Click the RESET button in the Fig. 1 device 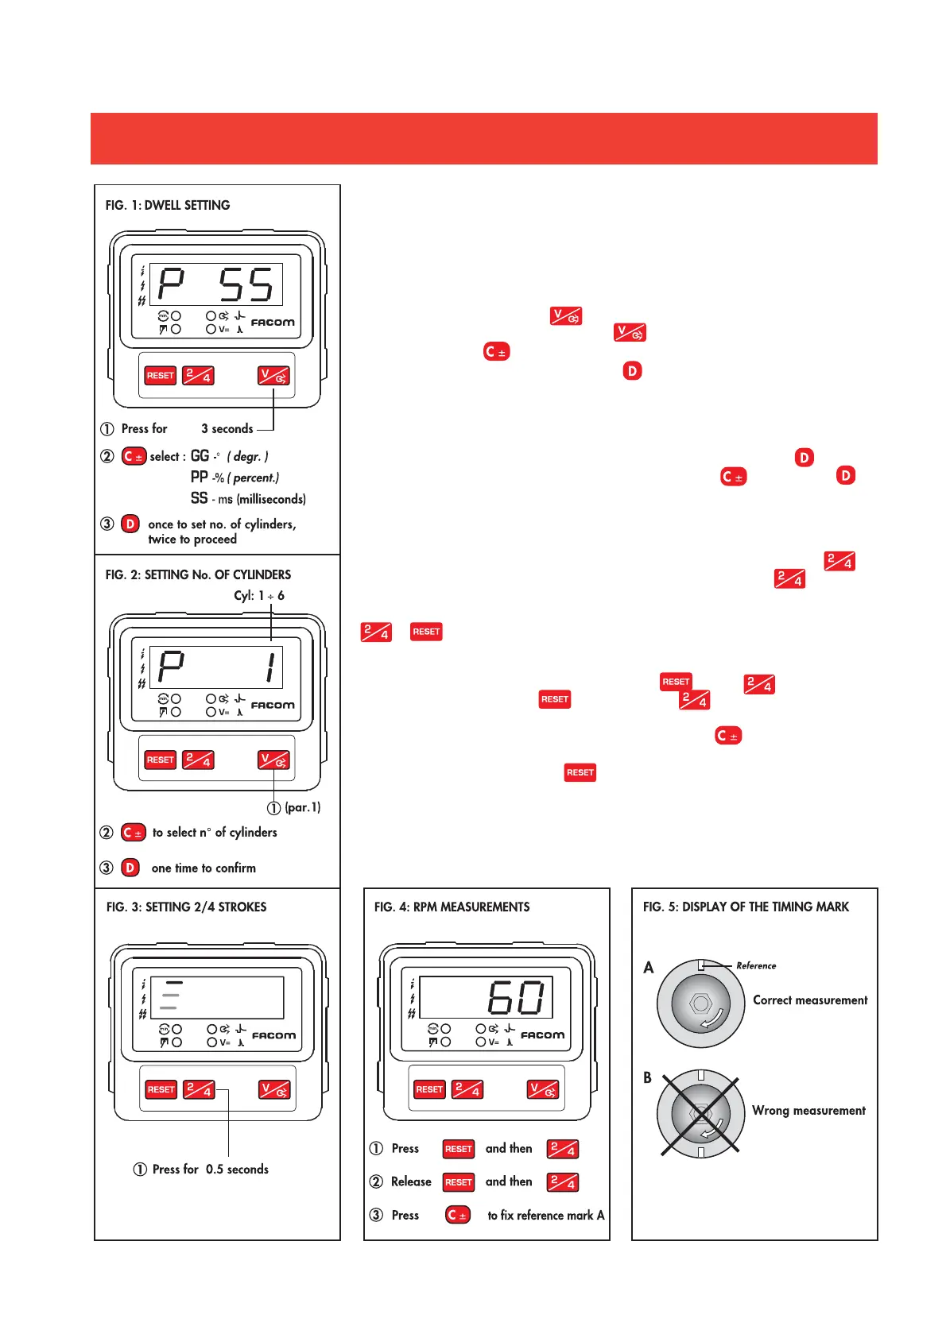(160, 376)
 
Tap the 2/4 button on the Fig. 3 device (199, 1089)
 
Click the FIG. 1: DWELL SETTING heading (168, 205)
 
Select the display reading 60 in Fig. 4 (516, 997)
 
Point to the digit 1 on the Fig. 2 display (271, 667)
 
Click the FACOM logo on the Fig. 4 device (542, 1035)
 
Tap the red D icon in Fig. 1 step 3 (130, 524)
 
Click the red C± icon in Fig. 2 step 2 (134, 833)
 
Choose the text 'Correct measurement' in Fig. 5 (810, 1000)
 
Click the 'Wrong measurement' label (808, 1111)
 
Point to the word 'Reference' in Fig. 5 (756, 966)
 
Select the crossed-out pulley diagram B (700, 1114)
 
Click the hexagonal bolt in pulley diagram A (700, 1003)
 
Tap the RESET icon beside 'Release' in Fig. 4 (459, 1182)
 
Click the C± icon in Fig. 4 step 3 (458, 1216)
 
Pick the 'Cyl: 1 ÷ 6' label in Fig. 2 (259, 596)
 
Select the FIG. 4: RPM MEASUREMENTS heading (452, 907)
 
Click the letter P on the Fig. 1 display (171, 284)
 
